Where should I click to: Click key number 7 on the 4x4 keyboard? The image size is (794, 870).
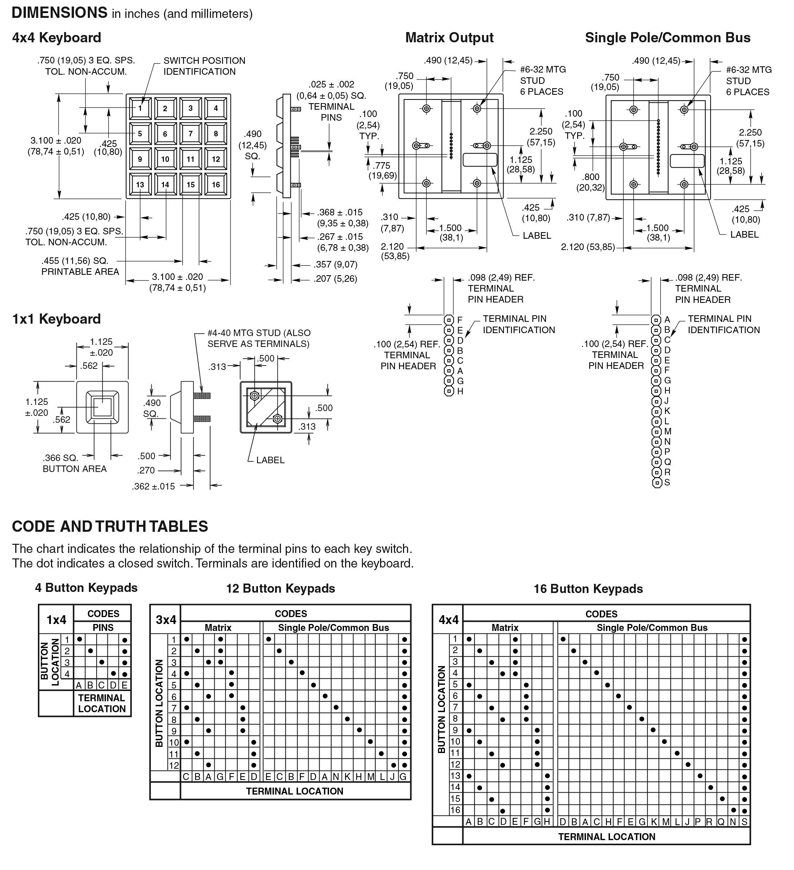[x=190, y=134]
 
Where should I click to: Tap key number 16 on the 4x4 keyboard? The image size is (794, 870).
[x=216, y=185]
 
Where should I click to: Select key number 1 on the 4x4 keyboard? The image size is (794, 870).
[x=140, y=108]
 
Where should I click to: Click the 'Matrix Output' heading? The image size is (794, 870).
[x=449, y=38]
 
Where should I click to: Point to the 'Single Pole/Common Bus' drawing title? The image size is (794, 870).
[x=668, y=38]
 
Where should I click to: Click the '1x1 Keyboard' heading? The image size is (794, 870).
[x=56, y=319]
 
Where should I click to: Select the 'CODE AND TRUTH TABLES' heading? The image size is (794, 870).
[x=110, y=527]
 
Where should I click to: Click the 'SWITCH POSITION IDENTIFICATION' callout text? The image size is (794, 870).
[x=204, y=66]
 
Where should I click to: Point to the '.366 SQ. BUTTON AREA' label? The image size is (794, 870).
[x=74, y=464]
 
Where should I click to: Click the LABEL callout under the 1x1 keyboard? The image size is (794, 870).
[x=270, y=460]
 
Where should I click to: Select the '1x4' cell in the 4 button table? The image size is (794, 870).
[x=56, y=620]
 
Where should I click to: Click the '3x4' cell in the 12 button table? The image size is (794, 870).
[x=166, y=620]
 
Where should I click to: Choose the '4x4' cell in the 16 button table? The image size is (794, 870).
[x=448, y=620]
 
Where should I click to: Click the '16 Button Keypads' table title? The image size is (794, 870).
[x=588, y=589]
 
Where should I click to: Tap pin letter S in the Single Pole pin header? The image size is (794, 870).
[x=667, y=483]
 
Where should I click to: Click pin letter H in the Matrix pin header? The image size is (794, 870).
[x=460, y=391]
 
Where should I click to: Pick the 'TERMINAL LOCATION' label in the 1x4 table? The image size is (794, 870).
[x=102, y=703]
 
